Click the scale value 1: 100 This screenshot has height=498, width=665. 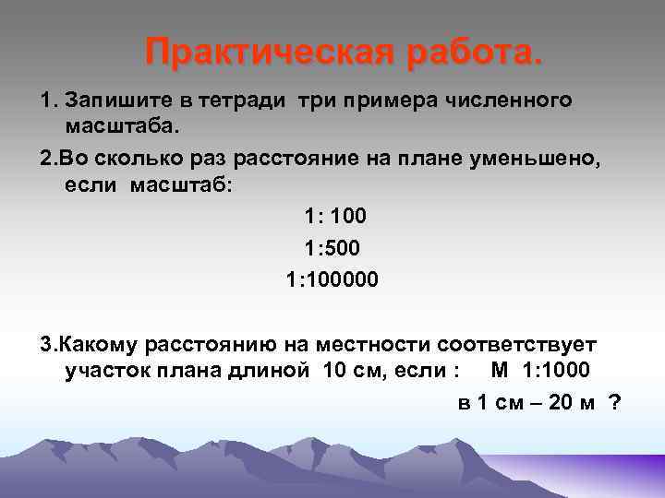[335, 217]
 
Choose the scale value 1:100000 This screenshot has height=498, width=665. [332, 278]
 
